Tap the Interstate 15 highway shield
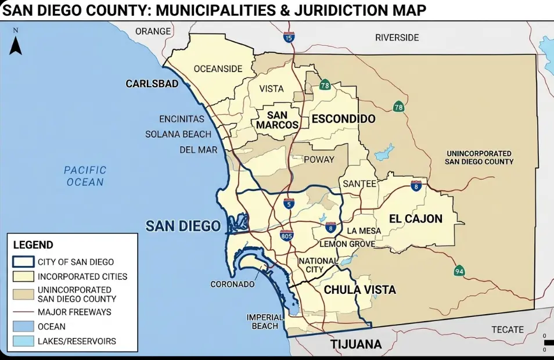289,38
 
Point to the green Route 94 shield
459,271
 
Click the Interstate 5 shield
289,203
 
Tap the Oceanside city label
218,69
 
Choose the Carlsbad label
152,84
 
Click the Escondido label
343,119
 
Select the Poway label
319,159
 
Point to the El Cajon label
415,219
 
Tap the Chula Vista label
359,289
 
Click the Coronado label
232,285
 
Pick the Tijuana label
356,344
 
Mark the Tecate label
508,329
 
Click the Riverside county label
397,37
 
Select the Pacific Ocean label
85,176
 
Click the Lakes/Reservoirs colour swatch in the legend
23,341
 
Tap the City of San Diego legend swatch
23,262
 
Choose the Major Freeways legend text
74,312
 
